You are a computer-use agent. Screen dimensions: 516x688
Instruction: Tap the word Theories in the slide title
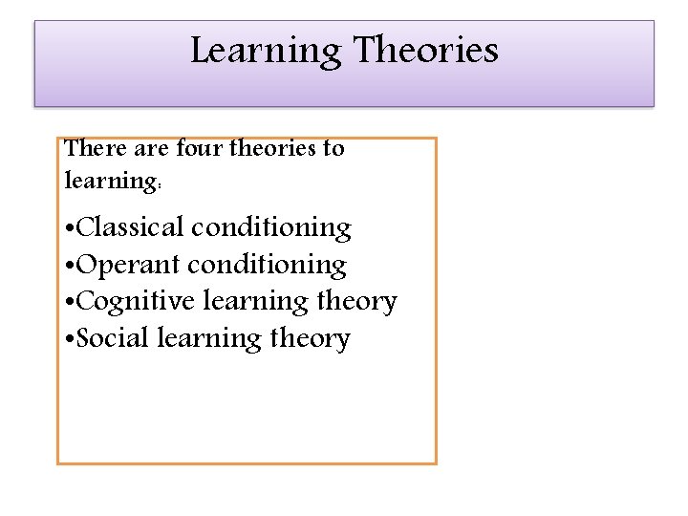pos(426,50)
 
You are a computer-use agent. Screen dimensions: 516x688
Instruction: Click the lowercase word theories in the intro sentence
pos(276,148)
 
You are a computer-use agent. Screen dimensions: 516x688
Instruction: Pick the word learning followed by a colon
pos(112,180)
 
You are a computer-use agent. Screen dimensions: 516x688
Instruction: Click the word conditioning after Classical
pos(271,228)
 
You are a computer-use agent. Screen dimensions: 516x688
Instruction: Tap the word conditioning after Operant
pos(269,265)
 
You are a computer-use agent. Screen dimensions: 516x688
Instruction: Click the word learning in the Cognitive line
pos(258,303)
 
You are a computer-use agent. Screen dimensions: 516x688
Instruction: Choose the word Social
pos(112,338)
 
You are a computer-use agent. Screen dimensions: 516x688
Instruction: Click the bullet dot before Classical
pos(69,230)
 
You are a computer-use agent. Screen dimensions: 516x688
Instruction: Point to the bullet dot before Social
pos(69,341)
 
